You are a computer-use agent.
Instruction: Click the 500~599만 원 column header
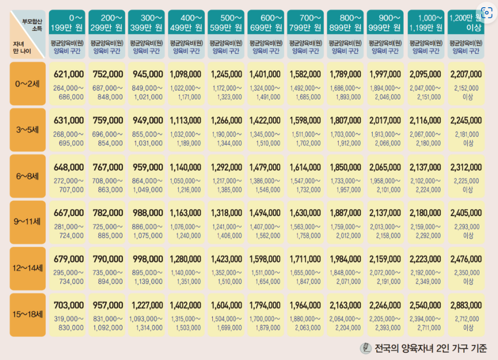pyautogui.click(x=226, y=21)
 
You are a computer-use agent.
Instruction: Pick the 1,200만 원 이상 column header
pyautogui.click(x=466, y=21)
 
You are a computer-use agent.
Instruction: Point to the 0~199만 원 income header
pyautogui.click(x=68, y=21)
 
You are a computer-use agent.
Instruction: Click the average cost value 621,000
pyautogui.click(x=68, y=74)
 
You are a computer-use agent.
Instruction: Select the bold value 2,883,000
pyautogui.click(x=466, y=305)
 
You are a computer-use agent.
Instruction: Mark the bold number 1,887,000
pyautogui.click(x=345, y=213)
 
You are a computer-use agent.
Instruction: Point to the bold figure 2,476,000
pyautogui.click(x=466, y=259)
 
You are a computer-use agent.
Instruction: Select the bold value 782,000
pyautogui.click(x=108, y=213)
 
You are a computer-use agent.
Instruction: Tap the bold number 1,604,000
pyautogui.click(x=226, y=305)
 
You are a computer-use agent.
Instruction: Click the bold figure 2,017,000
pyautogui.click(x=385, y=121)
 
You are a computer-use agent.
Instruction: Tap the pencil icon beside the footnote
pyautogui.click(x=366, y=348)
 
